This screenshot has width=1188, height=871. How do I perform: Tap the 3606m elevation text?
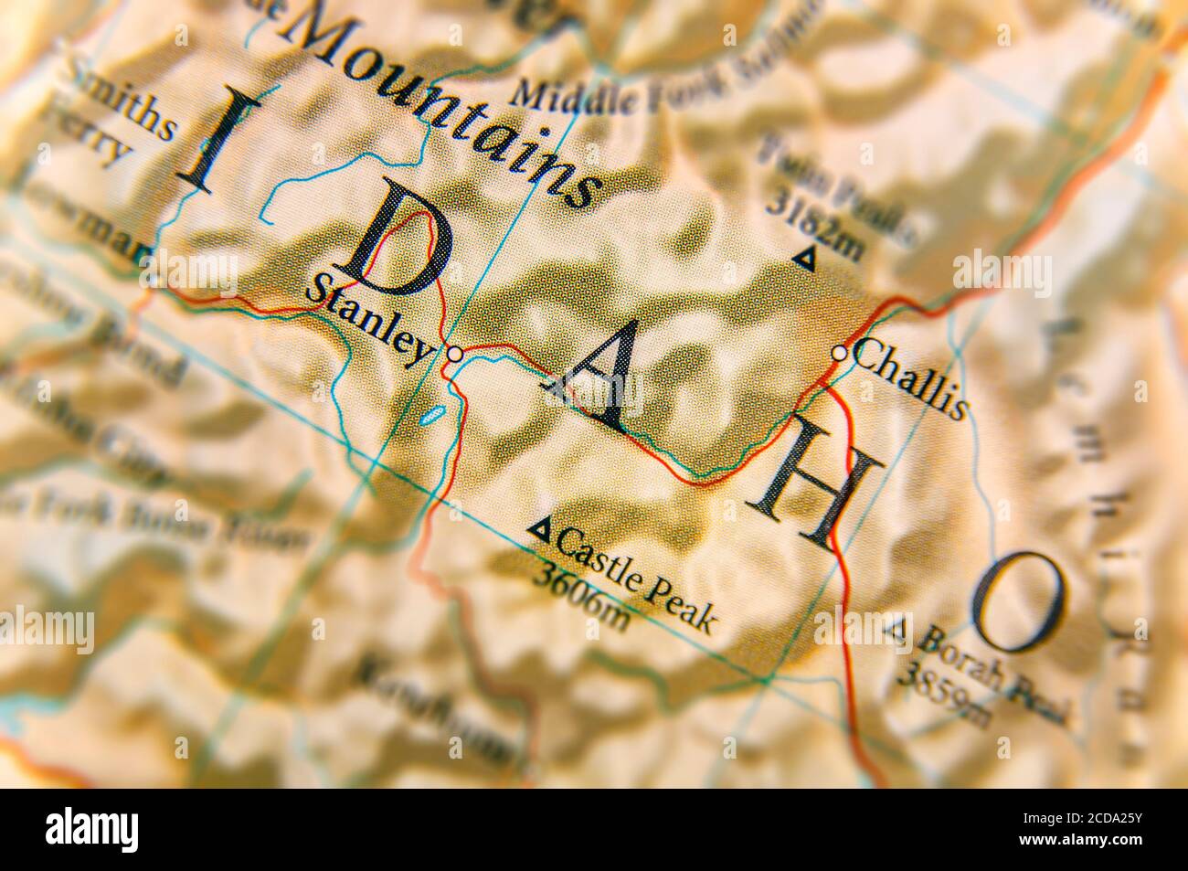pos(582,597)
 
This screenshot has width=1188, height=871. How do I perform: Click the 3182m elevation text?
pos(813,224)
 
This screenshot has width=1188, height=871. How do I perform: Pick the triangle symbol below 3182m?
pos(804,260)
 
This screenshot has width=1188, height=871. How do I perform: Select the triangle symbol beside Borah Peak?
pos(898,628)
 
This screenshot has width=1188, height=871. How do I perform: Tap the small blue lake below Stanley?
pos(430,416)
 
